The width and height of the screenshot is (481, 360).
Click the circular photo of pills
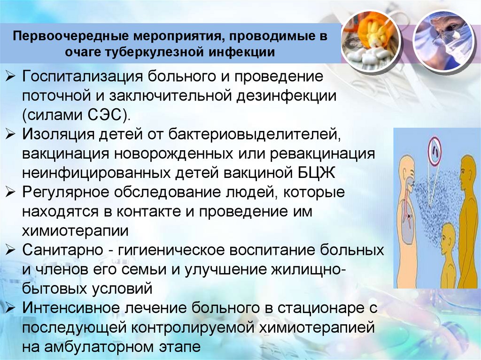(x=371, y=37)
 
